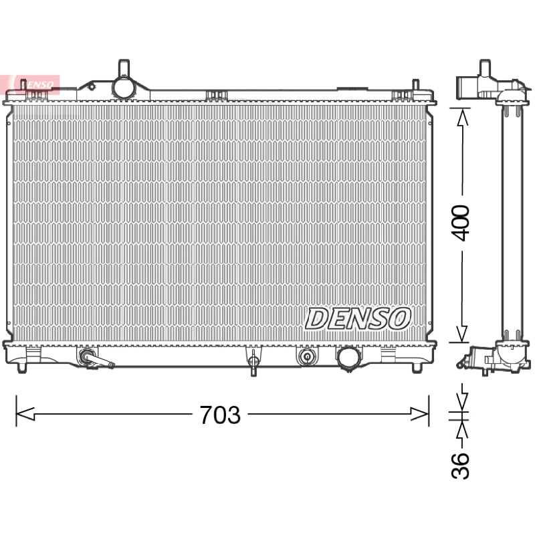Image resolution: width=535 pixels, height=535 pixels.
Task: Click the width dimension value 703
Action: click(220, 415)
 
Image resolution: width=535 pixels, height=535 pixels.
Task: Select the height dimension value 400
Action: click(460, 223)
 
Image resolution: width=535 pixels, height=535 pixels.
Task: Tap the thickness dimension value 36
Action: click(460, 465)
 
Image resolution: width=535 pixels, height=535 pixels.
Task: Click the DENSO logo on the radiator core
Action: click(358, 318)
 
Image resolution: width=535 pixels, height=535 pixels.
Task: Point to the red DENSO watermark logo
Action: click(30, 85)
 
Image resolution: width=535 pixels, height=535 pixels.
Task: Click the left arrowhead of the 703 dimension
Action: click(25, 414)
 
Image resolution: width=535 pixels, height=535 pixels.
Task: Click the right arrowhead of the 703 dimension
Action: click(419, 414)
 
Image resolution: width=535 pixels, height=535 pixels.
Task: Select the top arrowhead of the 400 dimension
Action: click(462, 118)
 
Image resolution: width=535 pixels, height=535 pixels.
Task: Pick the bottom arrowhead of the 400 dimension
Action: click(462, 333)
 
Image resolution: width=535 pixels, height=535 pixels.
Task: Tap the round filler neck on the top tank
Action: click(124, 88)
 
